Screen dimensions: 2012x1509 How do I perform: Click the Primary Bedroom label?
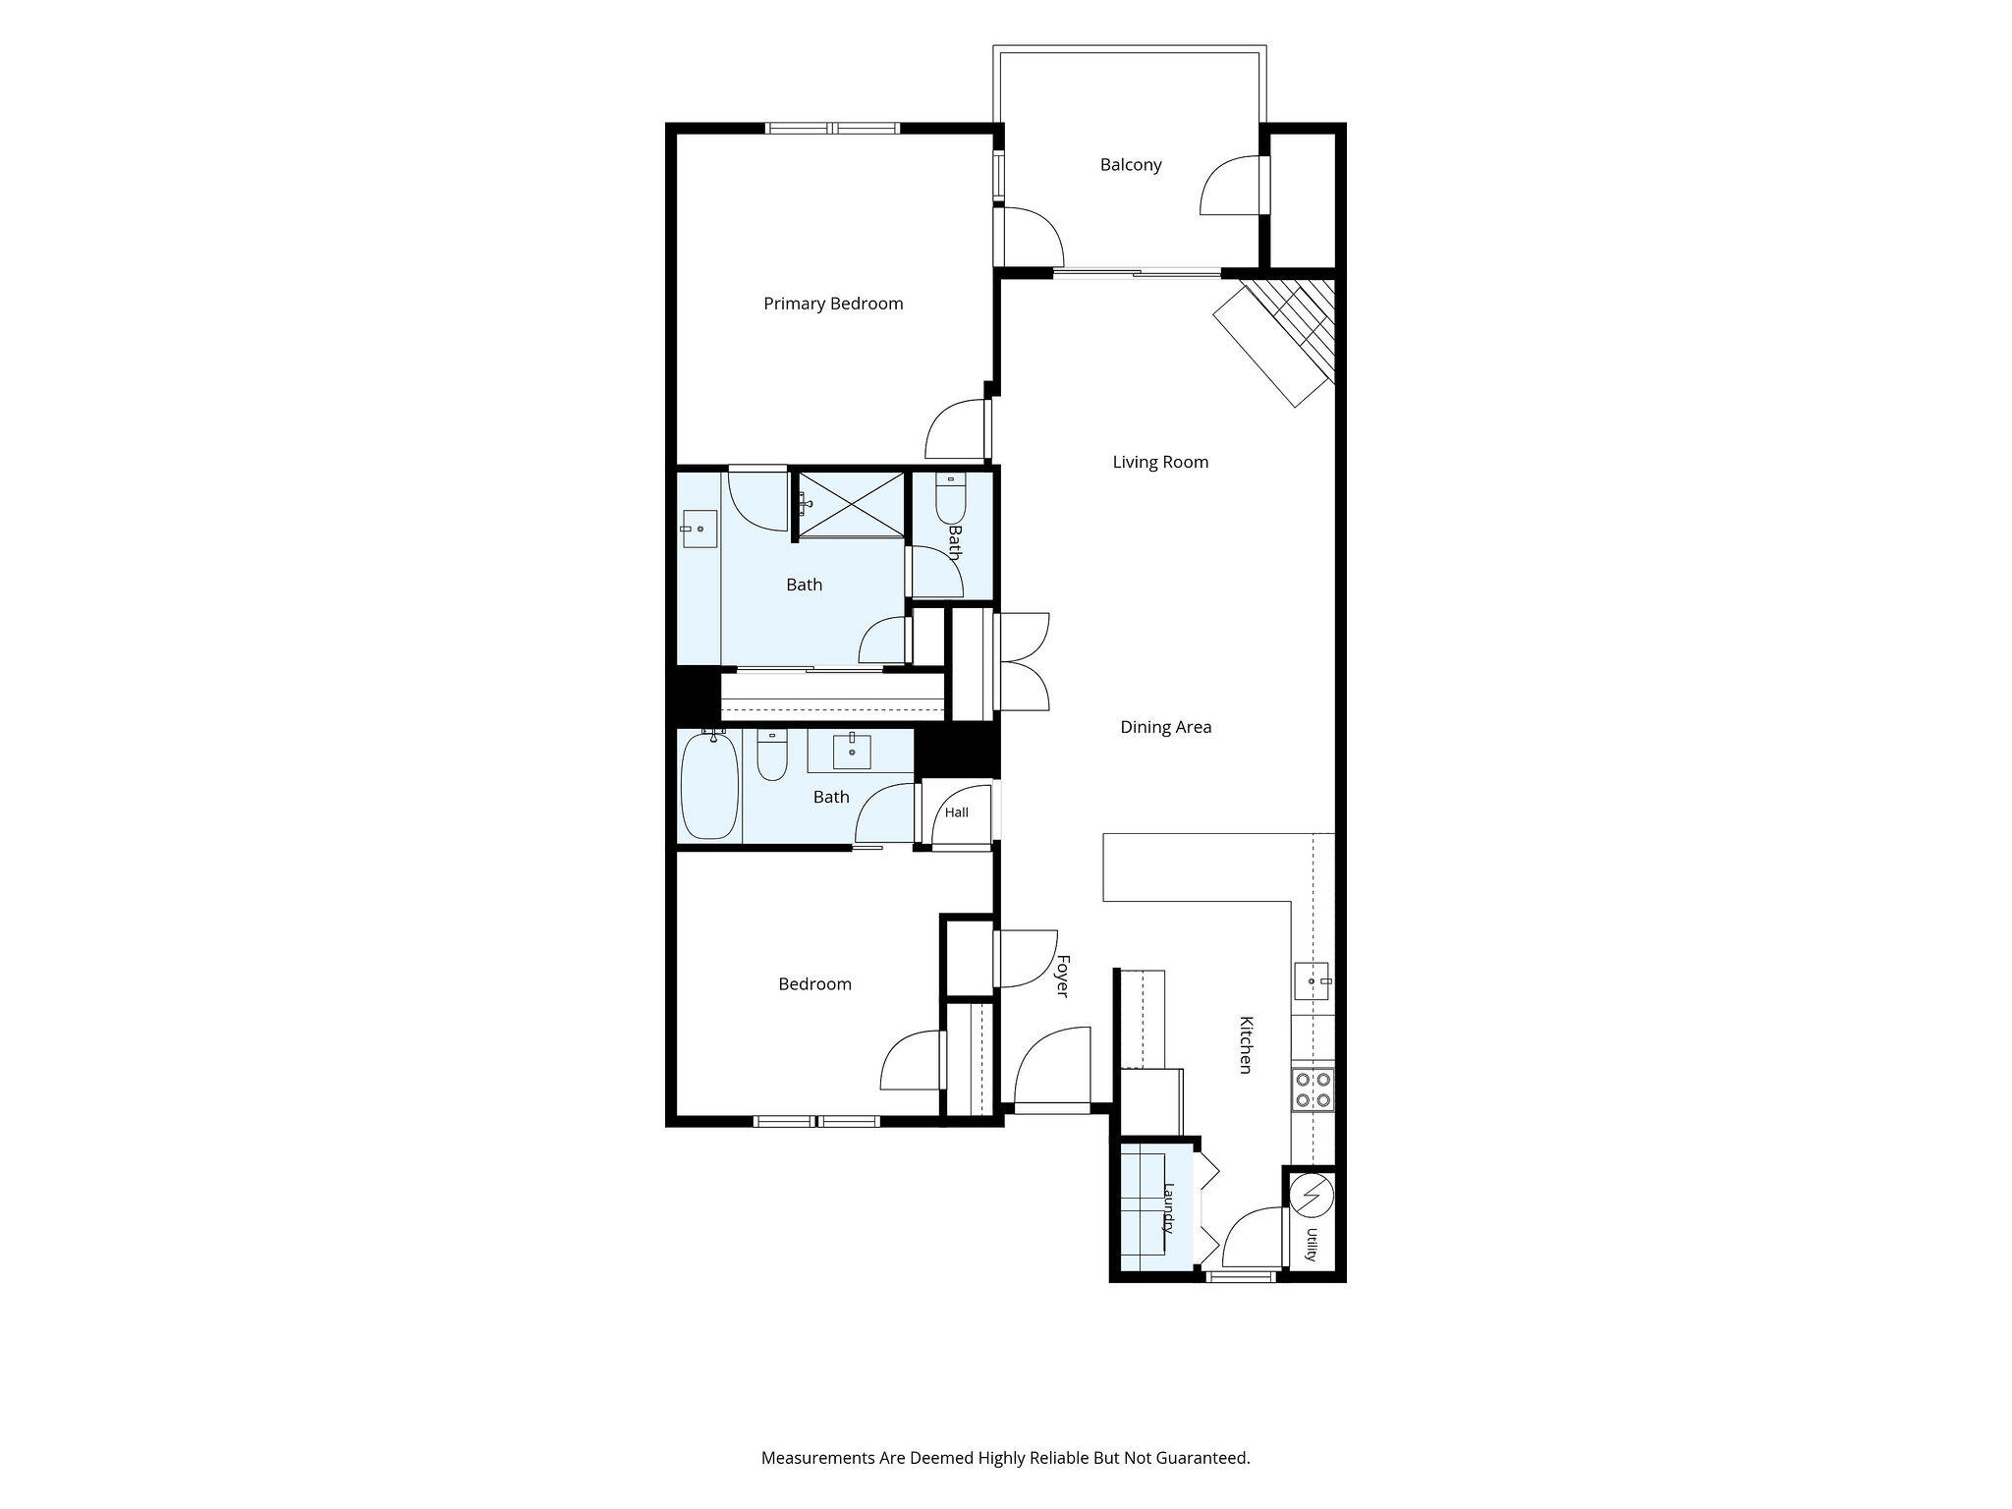(833, 304)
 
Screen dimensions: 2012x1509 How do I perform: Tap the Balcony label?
(1131, 165)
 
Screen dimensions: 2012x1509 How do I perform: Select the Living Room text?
(1160, 462)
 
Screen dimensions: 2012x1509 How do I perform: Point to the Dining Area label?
(1165, 727)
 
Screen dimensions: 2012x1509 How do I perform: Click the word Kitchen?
(1245, 1044)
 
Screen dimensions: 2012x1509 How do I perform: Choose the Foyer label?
(1061, 976)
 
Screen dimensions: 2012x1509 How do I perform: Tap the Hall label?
(956, 812)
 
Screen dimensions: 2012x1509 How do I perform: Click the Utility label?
(1311, 1244)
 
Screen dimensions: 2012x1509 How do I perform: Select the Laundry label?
(1169, 1207)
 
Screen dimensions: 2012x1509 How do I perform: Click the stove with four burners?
(1313, 1090)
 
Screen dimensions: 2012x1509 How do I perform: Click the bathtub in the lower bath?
(709, 786)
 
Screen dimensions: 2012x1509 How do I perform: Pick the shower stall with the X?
(851, 504)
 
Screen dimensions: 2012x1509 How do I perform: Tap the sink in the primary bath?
(699, 529)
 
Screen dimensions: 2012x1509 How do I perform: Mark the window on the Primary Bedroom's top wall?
(832, 128)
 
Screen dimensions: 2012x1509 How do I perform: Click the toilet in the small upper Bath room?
(951, 498)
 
